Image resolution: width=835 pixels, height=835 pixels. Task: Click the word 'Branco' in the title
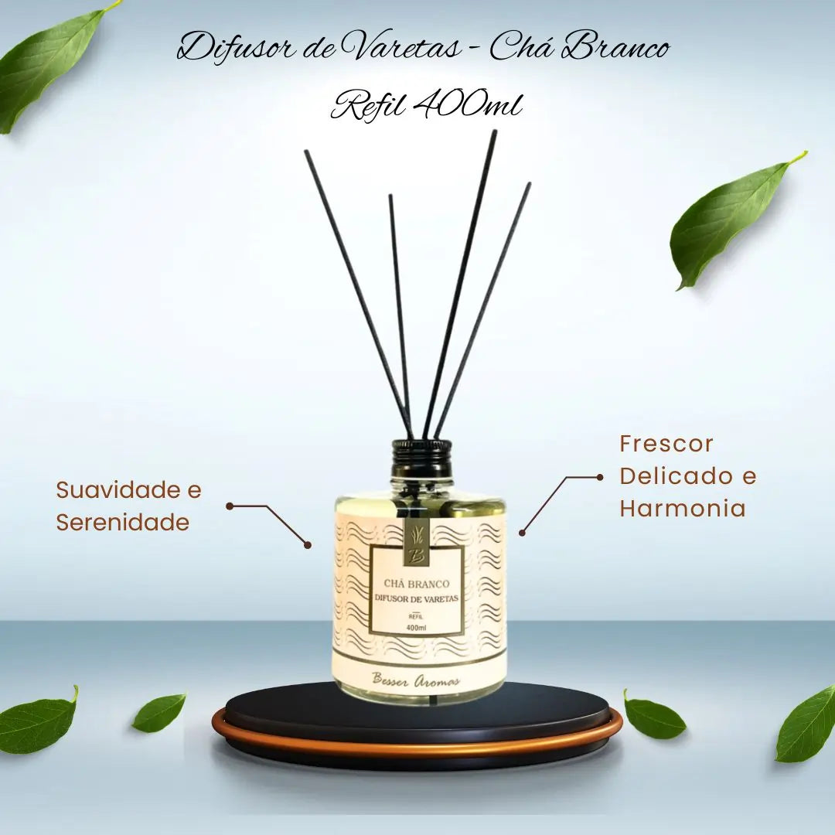(613, 49)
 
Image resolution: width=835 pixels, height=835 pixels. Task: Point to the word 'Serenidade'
(122, 522)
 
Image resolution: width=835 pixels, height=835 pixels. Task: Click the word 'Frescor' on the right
(666, 444)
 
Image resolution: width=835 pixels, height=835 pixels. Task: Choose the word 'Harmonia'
(682, 508)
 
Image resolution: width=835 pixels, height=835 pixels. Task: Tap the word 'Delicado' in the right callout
(672, 476)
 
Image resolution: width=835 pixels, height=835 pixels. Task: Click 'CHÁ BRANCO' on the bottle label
(417, 584)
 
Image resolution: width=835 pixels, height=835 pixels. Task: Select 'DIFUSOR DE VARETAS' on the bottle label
(417, 598)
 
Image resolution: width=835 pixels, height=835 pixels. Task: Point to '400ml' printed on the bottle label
(416, 627)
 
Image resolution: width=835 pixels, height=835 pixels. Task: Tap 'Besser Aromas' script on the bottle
(417, 680)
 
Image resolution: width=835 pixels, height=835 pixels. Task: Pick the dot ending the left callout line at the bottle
(307, 545)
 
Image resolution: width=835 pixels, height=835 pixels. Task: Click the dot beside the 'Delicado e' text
(600, 478)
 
